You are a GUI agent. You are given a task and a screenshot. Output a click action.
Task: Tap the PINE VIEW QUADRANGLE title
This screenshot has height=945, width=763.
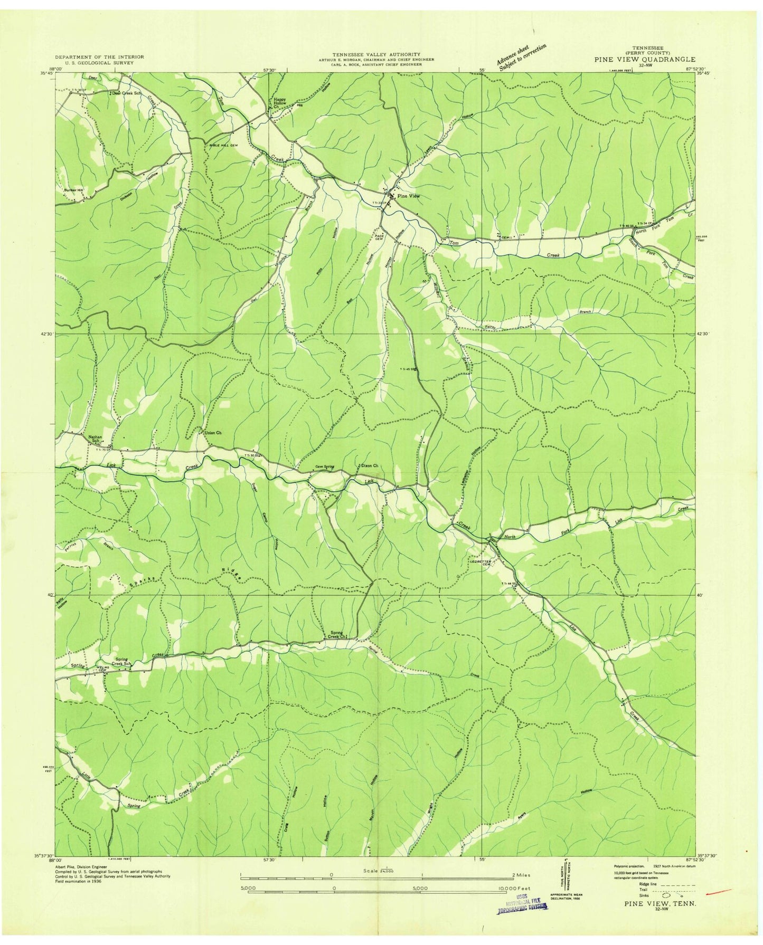click(x=644, y=60)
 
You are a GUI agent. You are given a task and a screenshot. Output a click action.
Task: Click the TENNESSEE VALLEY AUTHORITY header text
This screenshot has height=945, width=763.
click(x=376, y=54)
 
